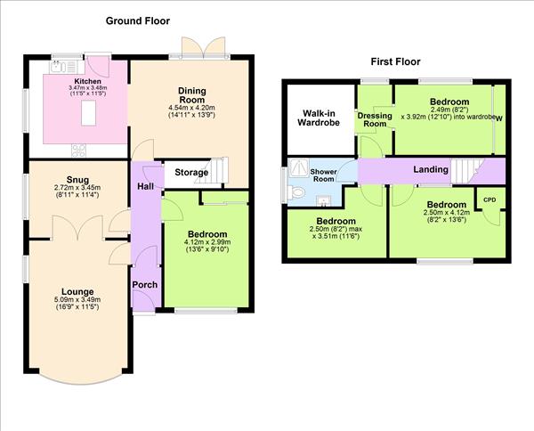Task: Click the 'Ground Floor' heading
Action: (x=138, y=20)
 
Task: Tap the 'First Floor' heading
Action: (x=395, y=61)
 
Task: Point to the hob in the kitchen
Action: (x=77, y=149)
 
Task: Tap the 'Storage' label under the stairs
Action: (x=191, y=173)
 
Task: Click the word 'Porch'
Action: (x=144, y=285)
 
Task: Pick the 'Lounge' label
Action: (x=78, y=291)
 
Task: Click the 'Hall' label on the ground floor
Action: (x=145, y=186)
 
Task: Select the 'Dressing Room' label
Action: (x=375, y=119)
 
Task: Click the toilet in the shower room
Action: (x=298, y=191)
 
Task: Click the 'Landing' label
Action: (x=430, y=169)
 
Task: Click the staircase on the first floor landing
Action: (x=465, y=169)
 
